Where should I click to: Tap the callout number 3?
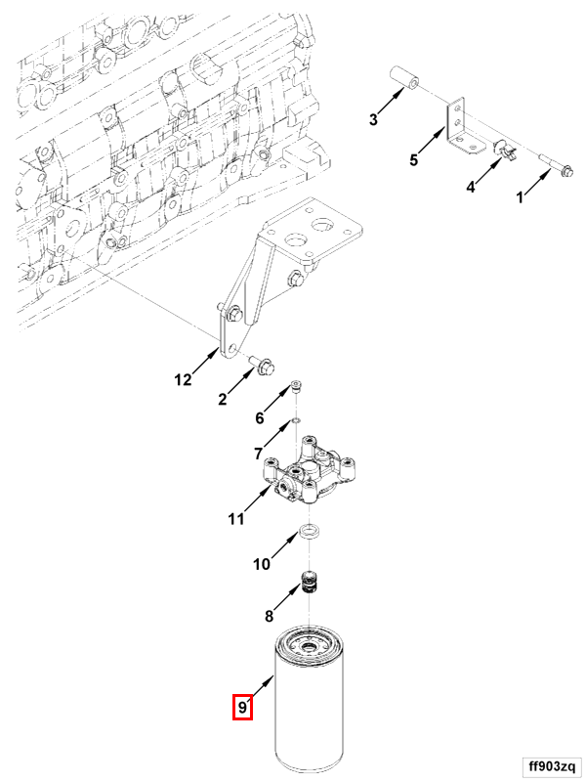click(373, 120)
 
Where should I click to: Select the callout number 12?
click(184, 380)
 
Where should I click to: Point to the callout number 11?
click(235, 519)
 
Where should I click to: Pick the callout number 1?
click(521, 197)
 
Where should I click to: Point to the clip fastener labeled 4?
click(506, 152)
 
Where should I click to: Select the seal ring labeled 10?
click(309, 534)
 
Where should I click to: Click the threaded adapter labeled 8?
click(311, 585)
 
